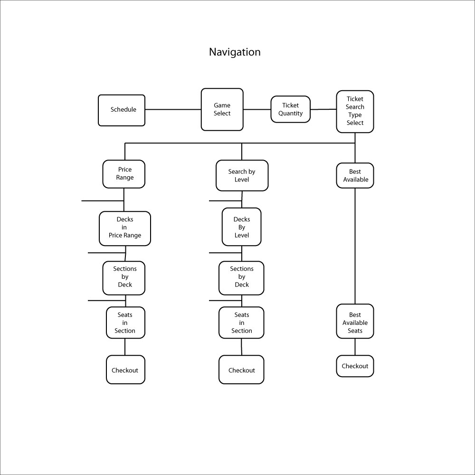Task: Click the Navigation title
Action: coord(235,52)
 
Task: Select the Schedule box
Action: coord(122,110)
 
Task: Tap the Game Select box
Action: coord(222,109)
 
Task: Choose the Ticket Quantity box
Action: coord(291,109)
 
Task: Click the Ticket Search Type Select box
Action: coord(355,112)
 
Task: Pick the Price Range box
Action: coord(124,174)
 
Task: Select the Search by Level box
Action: coord(242,175)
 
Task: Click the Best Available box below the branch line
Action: coord(355,175)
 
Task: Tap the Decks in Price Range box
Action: coord(125,228)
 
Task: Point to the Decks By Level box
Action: coord(241,227)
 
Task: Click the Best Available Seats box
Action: coord(355,321)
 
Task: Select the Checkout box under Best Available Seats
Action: coord(355,366)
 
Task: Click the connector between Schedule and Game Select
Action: coord(173,109)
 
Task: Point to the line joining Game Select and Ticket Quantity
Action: coord(257,109)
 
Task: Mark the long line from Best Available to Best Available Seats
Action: coord(355,246)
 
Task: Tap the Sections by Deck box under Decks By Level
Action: coord(241,278)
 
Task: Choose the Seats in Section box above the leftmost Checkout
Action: coord(125,323)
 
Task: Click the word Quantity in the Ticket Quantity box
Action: coord(291,114)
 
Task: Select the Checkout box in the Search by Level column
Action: coord(241,370)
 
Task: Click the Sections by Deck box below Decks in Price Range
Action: coord(124,278)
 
